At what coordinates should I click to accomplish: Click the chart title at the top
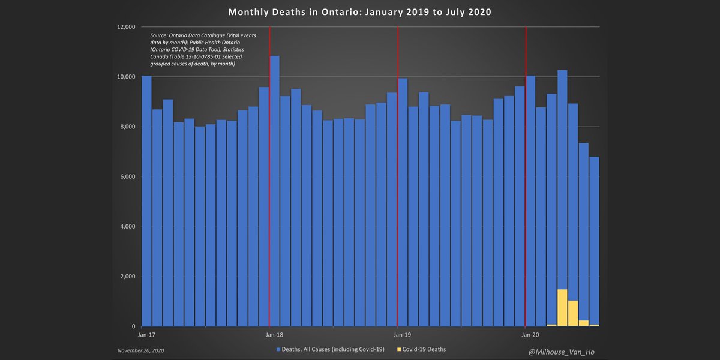(x=360, y=12)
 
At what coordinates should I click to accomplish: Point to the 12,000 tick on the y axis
(x=126, y=27)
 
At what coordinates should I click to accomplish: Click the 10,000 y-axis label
(x=126, y=77)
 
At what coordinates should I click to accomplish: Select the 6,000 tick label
(x=128, y=176)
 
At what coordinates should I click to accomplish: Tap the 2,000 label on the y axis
(x=128, y=277)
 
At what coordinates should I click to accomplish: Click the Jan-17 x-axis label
(x=146, y=334)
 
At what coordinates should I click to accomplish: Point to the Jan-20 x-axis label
(x=530, y=334)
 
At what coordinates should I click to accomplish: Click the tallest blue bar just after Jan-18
(x=275, y=192)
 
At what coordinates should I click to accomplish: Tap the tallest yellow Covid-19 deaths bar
(x=562, y=308)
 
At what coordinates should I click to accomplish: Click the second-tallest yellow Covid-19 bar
(x=573, y=313)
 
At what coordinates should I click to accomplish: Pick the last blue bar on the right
(x=594, y=240)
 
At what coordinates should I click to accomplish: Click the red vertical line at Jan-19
(x=398, y=180)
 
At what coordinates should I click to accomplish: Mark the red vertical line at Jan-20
(x=526, y=180)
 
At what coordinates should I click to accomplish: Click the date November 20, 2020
(x=140, y=350)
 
